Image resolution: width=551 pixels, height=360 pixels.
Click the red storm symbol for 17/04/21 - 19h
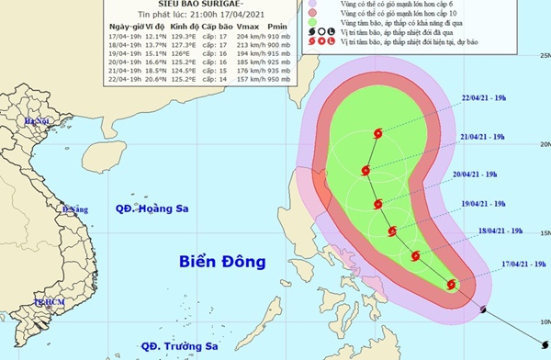pyautogui.click(x=451, y=285)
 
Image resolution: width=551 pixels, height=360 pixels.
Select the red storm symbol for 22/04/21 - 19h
pyautogui.click(x=377, y=134)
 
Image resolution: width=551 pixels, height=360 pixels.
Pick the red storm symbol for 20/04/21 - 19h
pyautogui.click(x=377, y=203)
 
